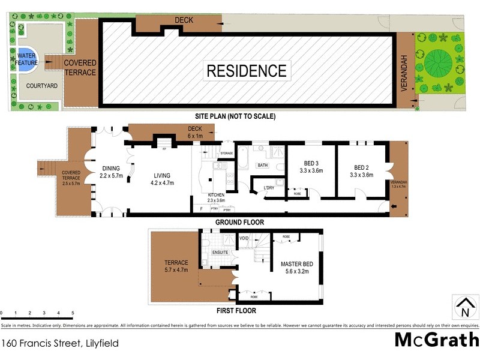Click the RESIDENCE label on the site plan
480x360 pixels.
pos(247,71)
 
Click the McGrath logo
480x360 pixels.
pos(436,340)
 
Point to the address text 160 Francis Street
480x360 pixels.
pos(59,344)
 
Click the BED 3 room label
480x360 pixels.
pos(311,172)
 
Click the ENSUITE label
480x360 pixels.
pos(220,253)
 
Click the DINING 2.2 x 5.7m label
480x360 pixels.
pos(111,172)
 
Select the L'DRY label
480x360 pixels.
pos(268,188)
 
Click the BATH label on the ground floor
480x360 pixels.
pos(262,164)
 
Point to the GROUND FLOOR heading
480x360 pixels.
pos(239,222)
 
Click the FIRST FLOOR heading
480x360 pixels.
pos(236,311)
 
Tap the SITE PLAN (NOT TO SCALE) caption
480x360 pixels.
pos(235,116)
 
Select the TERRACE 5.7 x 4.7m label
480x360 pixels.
pos(176,266)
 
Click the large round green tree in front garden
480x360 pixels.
pos(440,62)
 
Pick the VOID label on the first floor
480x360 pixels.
pos(243,238)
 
